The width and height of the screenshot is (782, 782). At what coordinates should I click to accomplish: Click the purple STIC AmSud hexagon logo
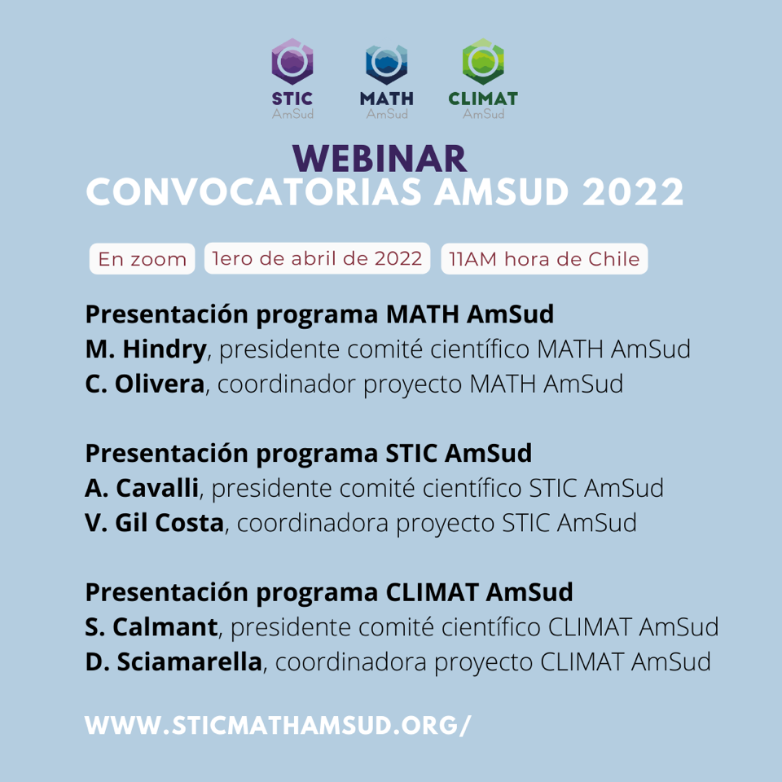(292, 61)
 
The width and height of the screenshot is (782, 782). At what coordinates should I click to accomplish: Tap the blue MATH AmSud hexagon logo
(386, 64)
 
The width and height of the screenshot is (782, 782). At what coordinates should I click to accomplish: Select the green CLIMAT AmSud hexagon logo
(483, 61)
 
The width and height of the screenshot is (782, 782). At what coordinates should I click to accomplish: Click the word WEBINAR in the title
(380, 159)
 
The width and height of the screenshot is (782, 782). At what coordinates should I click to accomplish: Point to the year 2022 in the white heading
(633, 192)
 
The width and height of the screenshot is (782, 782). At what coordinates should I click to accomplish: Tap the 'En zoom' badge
(142, 259)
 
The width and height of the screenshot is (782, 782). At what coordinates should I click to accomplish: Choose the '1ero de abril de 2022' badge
(317, 258)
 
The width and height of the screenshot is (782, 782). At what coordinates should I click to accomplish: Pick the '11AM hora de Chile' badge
(544, 259)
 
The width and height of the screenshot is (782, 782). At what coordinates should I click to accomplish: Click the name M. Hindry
(146, 349)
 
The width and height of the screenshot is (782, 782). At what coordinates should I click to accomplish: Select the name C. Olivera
(145, 384)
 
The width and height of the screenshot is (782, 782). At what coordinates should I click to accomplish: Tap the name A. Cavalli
(142, 488)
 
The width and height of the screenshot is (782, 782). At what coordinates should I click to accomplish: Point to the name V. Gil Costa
(155, 523)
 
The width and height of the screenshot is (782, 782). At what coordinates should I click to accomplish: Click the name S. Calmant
(152, 627)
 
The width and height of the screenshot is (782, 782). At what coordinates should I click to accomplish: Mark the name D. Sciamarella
(174, 661)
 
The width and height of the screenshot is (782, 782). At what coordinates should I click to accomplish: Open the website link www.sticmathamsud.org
(278, 725)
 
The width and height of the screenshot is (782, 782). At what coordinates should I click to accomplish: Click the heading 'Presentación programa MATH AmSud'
(319, 314)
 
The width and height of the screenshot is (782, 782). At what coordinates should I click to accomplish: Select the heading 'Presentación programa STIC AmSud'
(309, 454)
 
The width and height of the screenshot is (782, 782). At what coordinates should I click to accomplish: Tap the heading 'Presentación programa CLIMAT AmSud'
(329, 593)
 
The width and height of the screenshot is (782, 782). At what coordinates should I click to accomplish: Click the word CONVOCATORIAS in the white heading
(254, 192)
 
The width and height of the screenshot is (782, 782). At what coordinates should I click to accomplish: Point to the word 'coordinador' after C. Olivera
(286, 384)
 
